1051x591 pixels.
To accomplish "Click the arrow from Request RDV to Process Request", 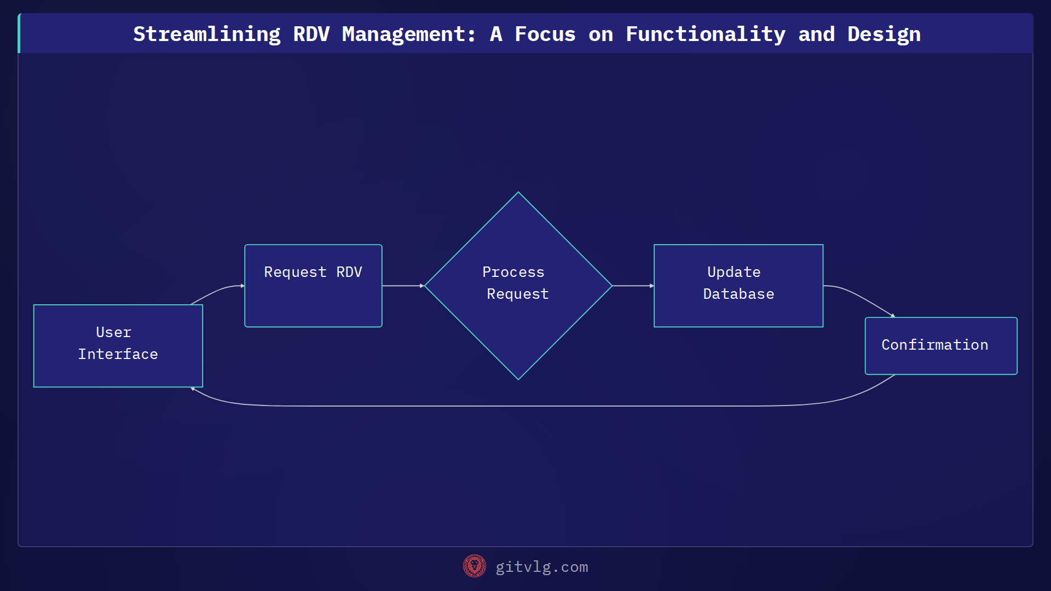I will pyautogui.click(x=402, y=286).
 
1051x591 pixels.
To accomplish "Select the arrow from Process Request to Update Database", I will pyautogui.click(x=632, y=286).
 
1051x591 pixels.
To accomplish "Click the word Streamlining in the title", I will pyautogui.click(x=207, y=34).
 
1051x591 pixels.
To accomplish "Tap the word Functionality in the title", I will pyautogui.click(x=705, y=34).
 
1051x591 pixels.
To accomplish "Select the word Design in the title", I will pyautogui.click(x=883, y=34).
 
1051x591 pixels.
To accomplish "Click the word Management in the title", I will pyautogui.click(x=408, y=34).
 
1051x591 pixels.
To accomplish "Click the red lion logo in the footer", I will pyautogui.click(x=474, y=566).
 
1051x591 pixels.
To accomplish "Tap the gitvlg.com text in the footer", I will pyautogui.click(x=541, y=567).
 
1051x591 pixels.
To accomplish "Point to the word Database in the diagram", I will pyautogui.click(x=738, y=294).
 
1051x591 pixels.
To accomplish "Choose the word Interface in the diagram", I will pyautogui.click(x=118, y=354).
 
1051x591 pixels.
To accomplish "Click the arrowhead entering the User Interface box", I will pyautogui.click(x=193, y=389).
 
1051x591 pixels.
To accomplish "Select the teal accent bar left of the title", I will pyautogui.click(x=19, y=33).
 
